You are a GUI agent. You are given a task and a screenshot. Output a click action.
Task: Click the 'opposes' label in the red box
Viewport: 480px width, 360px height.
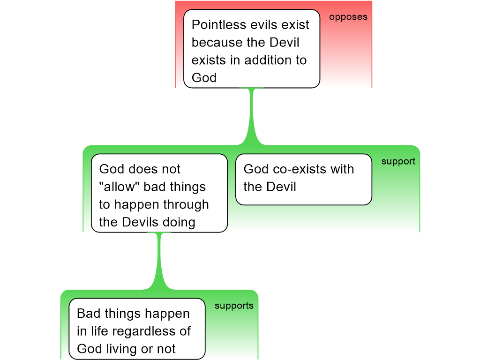click(348, 17)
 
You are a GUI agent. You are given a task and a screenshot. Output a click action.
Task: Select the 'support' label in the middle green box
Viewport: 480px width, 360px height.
click(398, 162)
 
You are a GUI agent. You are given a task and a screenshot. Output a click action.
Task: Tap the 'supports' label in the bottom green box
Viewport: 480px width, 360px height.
click(234, 306)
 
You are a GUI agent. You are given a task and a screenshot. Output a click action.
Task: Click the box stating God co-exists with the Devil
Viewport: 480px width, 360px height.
click(303, 179)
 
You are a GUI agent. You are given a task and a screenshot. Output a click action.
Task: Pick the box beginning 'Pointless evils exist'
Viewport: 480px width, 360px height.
click(251, 49)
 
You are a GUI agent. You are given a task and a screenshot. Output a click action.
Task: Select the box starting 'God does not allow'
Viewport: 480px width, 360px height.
click(159, 193)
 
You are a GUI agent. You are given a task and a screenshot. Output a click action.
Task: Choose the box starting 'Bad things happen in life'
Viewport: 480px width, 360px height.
click(137, 329)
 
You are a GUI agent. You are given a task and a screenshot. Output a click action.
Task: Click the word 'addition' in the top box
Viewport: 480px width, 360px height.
click(269, 60)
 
